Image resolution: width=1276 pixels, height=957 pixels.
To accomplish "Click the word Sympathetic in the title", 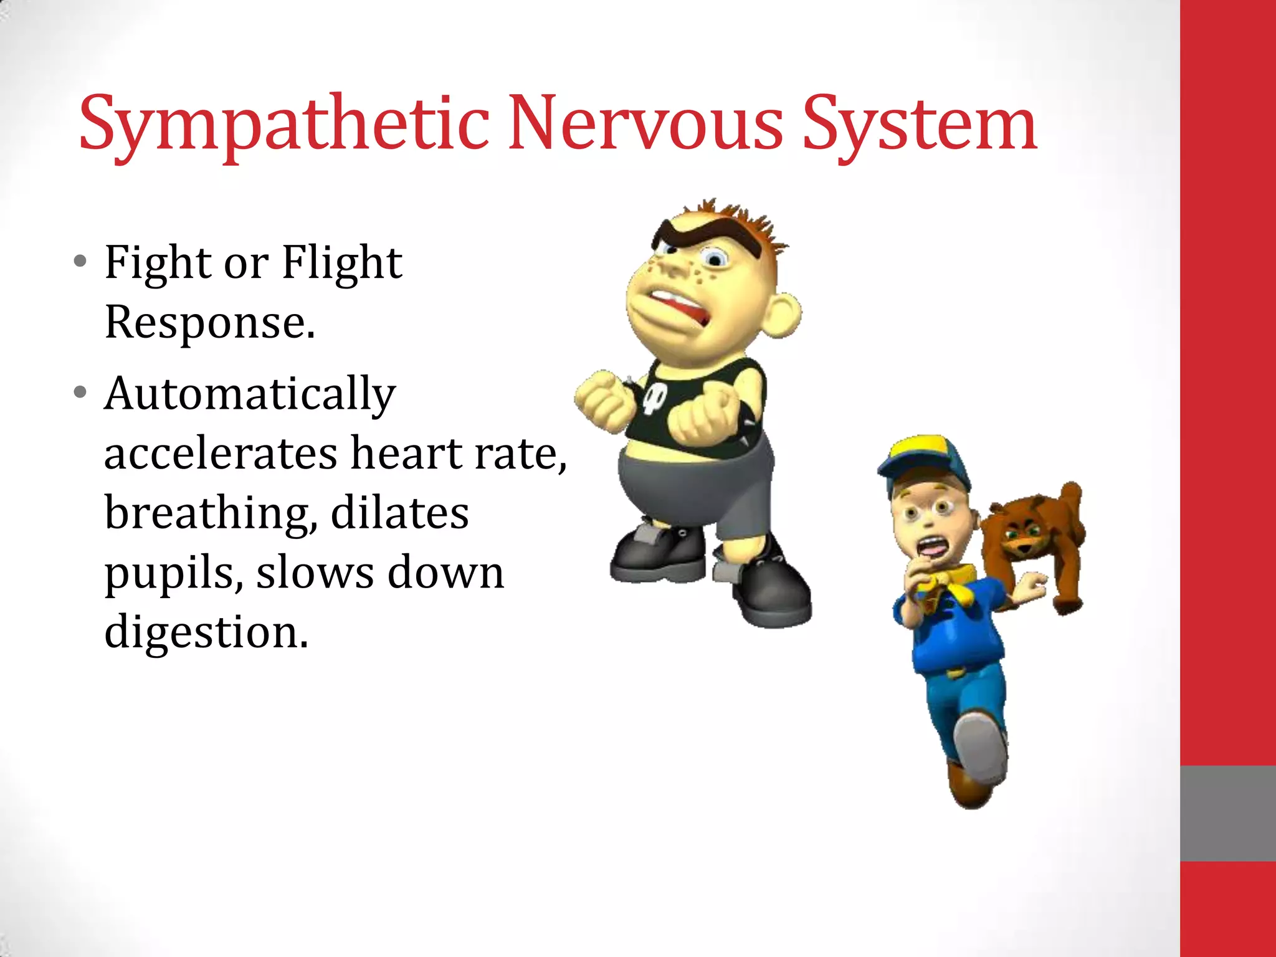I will click(283, 125).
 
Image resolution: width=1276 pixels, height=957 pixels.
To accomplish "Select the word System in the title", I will click(919, 125).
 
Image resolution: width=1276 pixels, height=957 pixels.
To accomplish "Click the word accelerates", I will click(221, 454).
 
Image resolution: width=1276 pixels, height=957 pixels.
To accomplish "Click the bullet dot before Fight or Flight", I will click(80, 261).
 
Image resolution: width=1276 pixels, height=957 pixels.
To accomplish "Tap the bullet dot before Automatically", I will click(80, 393).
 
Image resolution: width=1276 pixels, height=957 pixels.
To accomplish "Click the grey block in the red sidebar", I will click(1227, 813).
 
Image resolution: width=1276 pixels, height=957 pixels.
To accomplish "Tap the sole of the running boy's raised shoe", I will click(981, 748).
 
